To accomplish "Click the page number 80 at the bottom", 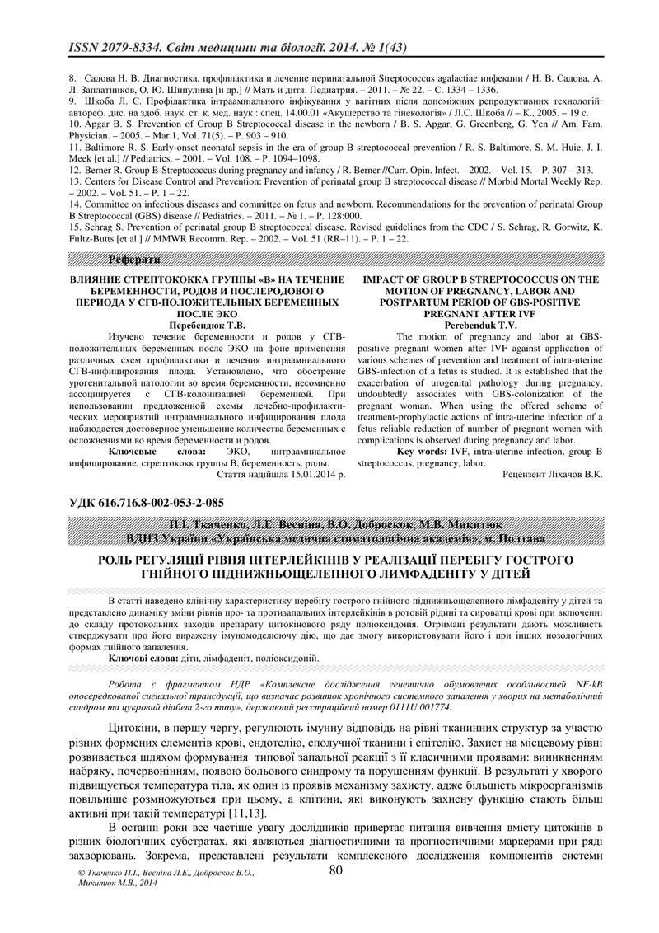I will coord(335,870).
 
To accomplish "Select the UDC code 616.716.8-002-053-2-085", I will coord(166,502).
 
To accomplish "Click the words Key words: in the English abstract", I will coord(422,452).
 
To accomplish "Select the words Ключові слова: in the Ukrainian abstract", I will coord(143,658).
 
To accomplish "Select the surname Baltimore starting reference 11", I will coord(105,146).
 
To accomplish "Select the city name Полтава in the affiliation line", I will coord(516,539).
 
